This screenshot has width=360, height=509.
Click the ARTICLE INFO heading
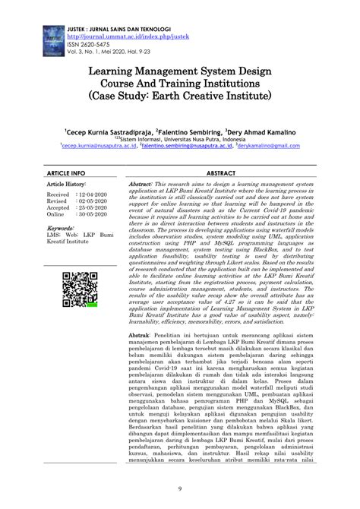tap(67, 174)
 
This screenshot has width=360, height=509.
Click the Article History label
tap(66, 185)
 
